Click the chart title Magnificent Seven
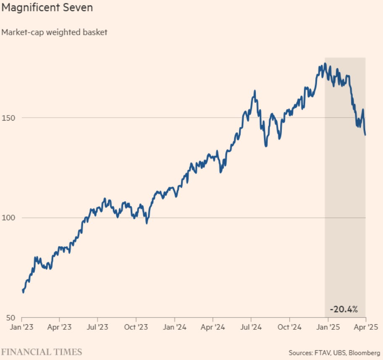tap(47, 8)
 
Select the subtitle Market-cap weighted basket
tap(54, 32)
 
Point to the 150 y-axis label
tap(10, 118)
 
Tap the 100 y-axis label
tap(10, 218)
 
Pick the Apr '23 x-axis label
tap(59, 326)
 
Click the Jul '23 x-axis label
tap(97, 326)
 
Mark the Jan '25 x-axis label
tap(328, 326)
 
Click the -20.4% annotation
tap(344, 310)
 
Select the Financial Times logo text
tap(42, 352)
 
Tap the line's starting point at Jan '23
tap(22, 290)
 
